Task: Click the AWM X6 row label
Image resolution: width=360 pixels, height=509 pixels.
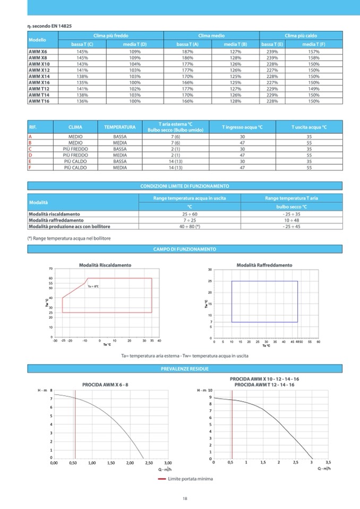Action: coord(37,51)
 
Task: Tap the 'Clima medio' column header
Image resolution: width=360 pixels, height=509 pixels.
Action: coord(211,35)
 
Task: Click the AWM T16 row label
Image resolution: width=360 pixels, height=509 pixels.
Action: coord(38,101)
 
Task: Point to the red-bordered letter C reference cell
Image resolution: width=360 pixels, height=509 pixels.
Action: coord(30,149)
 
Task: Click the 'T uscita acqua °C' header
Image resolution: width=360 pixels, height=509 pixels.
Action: coord(309,127)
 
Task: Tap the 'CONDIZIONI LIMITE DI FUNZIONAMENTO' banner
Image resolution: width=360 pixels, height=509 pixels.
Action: coord(184,186)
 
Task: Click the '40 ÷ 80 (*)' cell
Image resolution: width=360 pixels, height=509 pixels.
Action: coord(190,226)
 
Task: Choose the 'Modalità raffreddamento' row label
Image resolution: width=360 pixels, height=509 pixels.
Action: coord(56,220)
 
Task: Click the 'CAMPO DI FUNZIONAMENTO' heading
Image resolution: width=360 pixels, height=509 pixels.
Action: coord(184,249)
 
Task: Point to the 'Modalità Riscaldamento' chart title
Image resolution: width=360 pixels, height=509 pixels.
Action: coord(105,264)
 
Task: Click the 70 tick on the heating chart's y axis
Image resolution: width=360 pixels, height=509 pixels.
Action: coord(50,269)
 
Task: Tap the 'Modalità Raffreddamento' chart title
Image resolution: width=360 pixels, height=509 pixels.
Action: coord(264,264)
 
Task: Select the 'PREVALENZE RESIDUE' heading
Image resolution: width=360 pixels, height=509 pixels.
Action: coord(184,368)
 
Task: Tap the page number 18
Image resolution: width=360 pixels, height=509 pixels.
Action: coord(184,498)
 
